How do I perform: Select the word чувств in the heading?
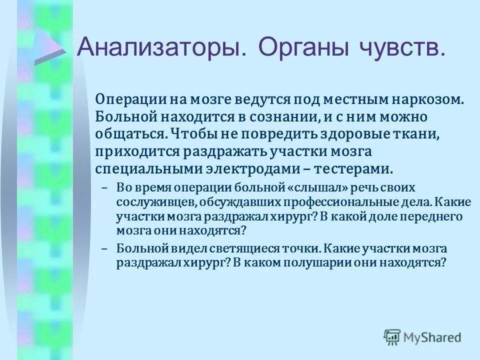[400, 48]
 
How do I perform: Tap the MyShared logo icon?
[392, 337]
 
